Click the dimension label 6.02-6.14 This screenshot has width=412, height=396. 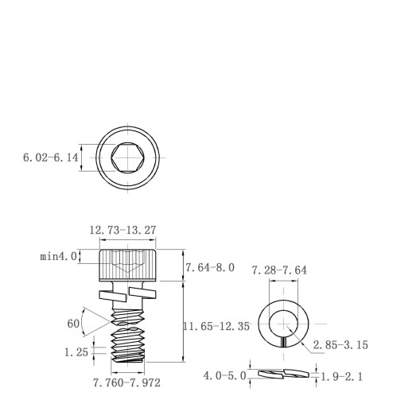click(x=51, y=157)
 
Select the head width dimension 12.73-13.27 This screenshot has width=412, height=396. click(x=122, y=230)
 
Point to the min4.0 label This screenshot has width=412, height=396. click(x=58, y=256)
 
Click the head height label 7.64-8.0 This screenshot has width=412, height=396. click(x=210, y=268)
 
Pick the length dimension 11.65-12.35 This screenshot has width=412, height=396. click(x=216, y=326)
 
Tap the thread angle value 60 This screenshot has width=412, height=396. click(x=73, y=324)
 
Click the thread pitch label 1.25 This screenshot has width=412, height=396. click(x=76, y=352)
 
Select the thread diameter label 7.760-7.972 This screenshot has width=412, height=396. click(x=126, y=382)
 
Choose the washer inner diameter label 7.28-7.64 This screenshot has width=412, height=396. click(x=279, y=270)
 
